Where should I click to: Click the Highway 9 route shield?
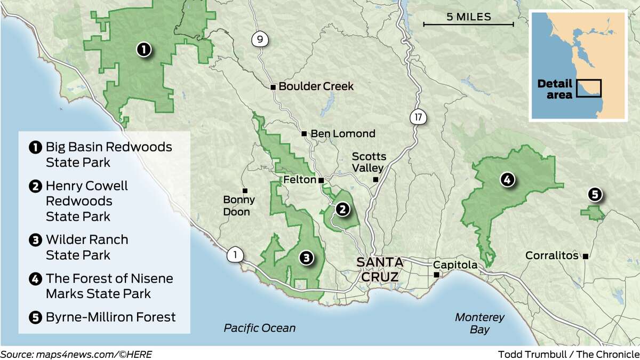(260, 39)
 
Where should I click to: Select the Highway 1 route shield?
(235, 255)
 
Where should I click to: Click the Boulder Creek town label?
(316, 86)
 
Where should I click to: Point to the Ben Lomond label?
(342, 133)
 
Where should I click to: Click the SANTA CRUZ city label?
(380, 270)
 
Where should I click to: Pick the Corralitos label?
(551, 255)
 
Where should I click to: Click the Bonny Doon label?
(239, 205)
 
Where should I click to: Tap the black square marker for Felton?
(321, 180)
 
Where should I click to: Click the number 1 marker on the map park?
(143, 50)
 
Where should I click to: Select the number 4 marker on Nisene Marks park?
(507, 180)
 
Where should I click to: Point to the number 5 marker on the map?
(595, 195)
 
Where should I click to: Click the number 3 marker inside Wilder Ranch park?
(306, 258)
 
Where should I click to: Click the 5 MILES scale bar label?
(468, 17)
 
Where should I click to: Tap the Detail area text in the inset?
(555, 89)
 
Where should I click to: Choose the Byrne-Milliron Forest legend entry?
(110, 317)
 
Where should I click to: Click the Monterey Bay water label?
(479, 323)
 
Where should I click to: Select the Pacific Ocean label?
(259, 328)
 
